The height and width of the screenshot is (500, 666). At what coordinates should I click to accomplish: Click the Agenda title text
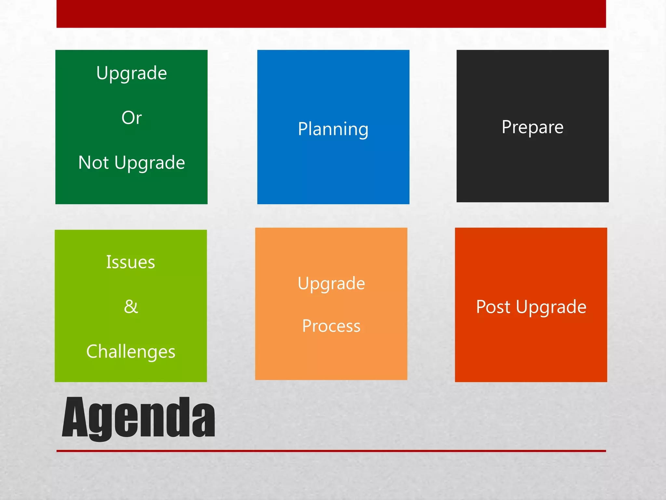(x=138, y=417)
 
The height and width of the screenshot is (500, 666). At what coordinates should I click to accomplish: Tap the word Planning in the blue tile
(x=333, y=129)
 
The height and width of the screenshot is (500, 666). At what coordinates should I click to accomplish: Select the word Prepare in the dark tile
(x=532, y=127)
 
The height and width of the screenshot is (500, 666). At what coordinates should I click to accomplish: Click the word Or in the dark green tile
(x=131, y=118)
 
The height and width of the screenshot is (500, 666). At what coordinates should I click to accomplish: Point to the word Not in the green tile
(x=93, y=162)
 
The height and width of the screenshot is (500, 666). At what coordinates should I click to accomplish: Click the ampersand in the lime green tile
(x=131, y=307)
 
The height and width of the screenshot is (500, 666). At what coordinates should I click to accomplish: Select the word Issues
(x=130, y=262)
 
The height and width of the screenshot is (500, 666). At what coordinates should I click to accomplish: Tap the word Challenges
(x=131, y=352)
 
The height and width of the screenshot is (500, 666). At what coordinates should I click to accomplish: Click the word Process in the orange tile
(x=331, y=326)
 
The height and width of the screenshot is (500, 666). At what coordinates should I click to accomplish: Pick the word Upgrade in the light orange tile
(x=331, y=284)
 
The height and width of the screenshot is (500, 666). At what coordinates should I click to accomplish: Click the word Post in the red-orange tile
(x=493, y=307)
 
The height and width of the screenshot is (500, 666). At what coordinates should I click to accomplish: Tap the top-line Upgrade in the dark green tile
(x=131, y=73)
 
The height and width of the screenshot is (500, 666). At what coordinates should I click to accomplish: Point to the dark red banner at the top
(x=331, y=14)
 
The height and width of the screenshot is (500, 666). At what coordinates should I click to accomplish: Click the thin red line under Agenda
(x=331, y=451)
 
